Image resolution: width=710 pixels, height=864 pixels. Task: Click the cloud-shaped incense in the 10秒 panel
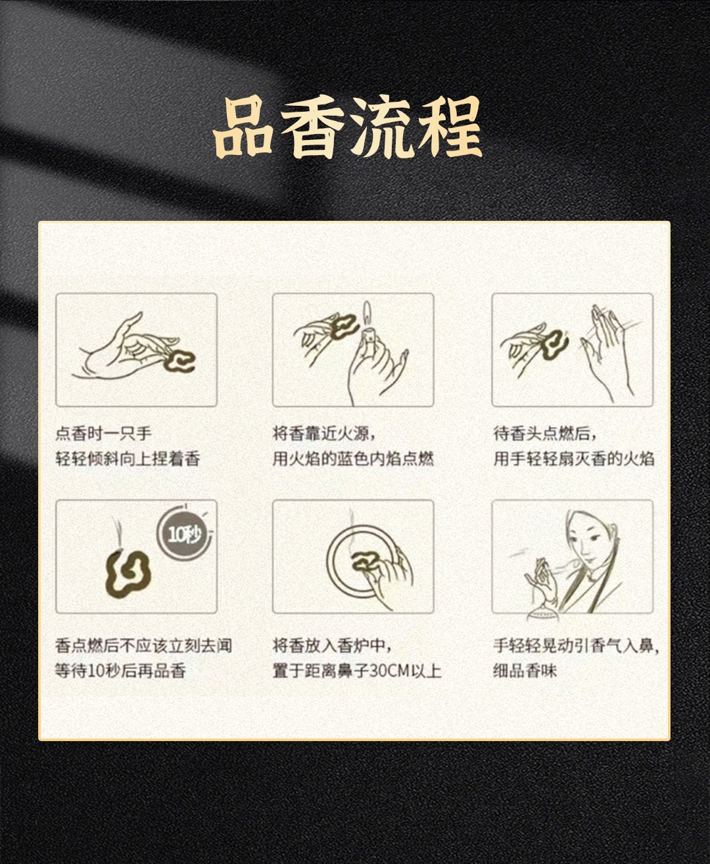[x=128, y=573]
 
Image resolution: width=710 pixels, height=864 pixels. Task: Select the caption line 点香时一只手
[x=104, y=433]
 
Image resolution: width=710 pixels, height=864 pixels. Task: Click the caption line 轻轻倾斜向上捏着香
[x=128, y=459]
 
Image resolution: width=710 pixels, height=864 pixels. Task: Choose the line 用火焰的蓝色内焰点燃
[x=354, y=459]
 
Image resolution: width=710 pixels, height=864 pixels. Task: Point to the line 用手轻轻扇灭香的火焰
[x=574, y=459]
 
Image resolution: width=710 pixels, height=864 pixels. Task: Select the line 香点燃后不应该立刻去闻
[x=144, y=646]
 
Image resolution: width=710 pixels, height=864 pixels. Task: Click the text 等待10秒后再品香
[x=120, y=671]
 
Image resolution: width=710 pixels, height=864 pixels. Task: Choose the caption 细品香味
[x=525, y=671]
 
